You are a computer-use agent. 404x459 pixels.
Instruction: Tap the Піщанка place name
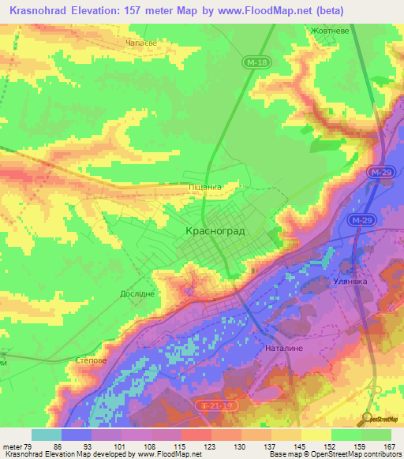point(203,187)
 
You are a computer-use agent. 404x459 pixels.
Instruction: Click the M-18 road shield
point(250,60)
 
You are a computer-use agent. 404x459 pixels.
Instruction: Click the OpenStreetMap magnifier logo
point(367,418)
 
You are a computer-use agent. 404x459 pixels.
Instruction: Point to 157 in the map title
point(127,11)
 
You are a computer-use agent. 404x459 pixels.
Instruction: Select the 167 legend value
point(387,446)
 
